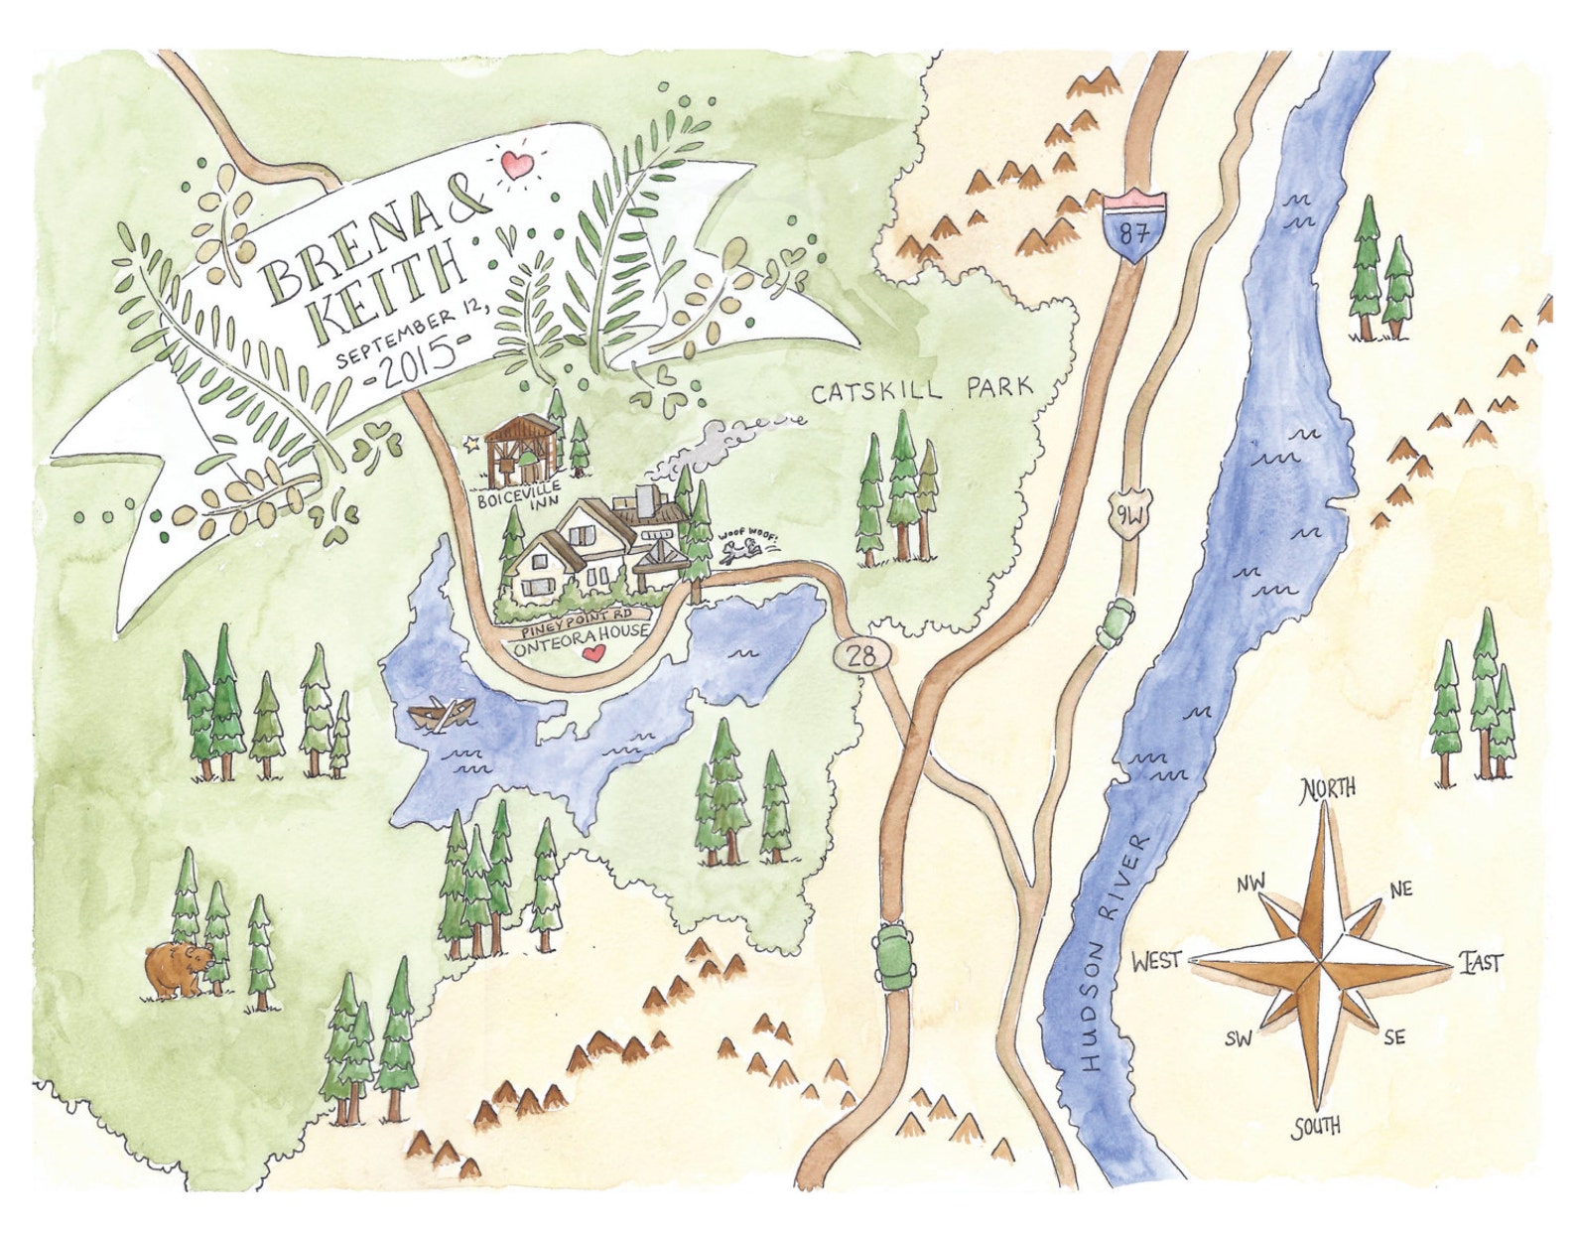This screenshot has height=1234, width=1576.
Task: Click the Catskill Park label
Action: [922, 389]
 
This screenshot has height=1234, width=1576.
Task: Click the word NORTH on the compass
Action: [1328, 787]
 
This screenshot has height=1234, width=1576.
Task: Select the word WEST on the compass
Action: [1156, 960]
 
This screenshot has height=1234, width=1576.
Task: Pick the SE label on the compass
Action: [1394, 1036]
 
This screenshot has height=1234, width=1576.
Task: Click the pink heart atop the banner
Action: [515, 164]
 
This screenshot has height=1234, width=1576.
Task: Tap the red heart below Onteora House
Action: [593, 653]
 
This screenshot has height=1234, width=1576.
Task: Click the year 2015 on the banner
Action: [412, 371]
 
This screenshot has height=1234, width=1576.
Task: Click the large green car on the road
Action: [895, 954]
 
